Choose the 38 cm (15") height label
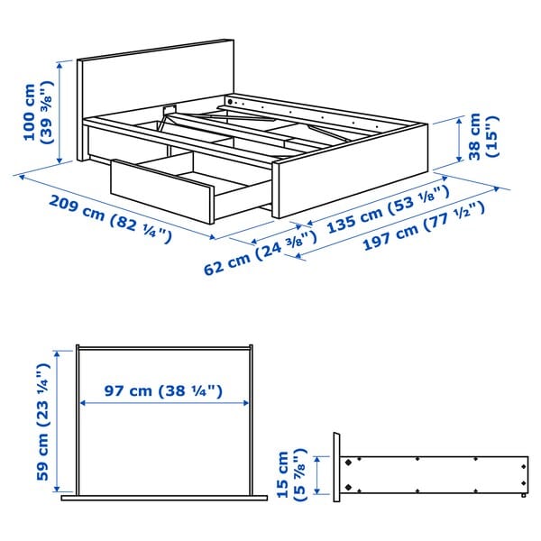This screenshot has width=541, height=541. (x=482, y=136)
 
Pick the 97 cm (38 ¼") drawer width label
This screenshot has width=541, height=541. (x=162, y=392)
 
